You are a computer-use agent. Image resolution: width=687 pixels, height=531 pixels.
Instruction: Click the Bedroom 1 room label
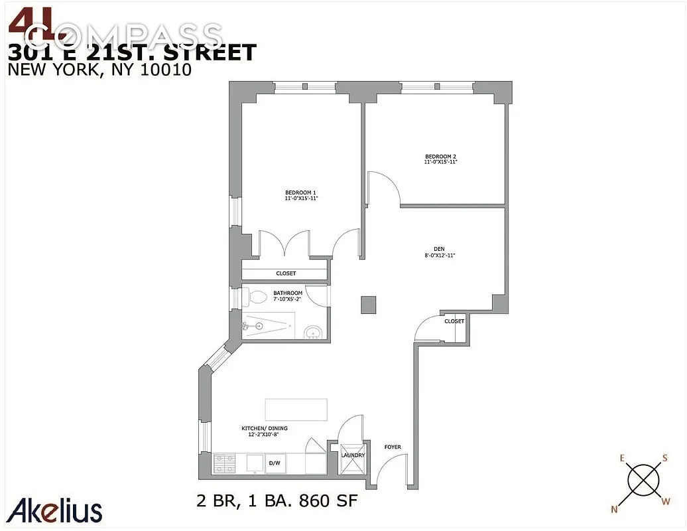(x=296, y=193)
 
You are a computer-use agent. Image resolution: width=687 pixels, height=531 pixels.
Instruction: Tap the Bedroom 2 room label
(x=441, y=157)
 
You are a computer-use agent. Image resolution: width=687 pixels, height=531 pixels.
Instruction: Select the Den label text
(x=440, y=250)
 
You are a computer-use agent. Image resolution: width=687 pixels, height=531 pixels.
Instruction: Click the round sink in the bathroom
(x=312, y=332)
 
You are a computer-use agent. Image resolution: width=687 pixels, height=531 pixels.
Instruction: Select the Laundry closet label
(x=353, y=455)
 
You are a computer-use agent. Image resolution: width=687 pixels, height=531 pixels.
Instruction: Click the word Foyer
(x=393, y=447)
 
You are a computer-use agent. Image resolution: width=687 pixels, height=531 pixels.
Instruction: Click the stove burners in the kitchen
(x=225, y=463)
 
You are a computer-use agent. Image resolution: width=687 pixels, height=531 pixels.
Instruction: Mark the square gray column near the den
(x=369, y=304)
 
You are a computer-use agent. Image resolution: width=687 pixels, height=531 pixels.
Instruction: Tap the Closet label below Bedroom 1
(x=286, y=273)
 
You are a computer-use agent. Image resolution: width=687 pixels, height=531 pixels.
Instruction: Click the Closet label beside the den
(x=454, y=321)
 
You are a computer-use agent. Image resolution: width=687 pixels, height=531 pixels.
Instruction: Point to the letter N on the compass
(x=613, y=508)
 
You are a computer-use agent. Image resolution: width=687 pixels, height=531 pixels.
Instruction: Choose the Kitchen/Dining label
(x=263, y=429)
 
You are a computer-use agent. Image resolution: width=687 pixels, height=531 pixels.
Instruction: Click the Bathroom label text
(x=288, y=293)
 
